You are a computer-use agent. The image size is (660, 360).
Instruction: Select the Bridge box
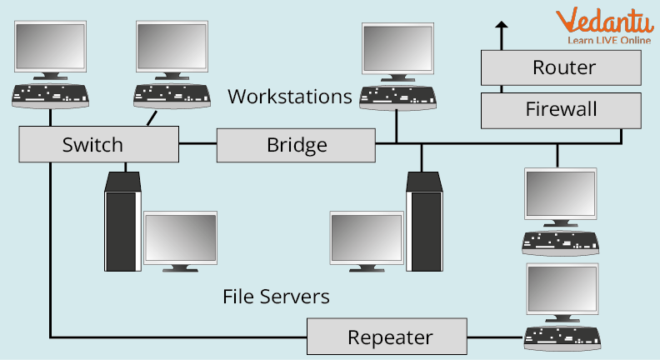click(296, 146)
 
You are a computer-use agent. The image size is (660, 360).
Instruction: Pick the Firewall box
click(561, 109)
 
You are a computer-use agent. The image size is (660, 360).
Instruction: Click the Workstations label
click(290, 96)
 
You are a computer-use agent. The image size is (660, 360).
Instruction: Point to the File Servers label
click(276, 296)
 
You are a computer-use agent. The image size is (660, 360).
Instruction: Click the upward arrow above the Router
click(502, 33)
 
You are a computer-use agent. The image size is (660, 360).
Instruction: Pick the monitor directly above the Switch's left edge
click(51, 48)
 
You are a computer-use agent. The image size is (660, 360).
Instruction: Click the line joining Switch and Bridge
click(197, 145)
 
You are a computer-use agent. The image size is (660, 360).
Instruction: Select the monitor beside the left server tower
click(180, 239)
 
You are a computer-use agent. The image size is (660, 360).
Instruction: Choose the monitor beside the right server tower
click(367, 239)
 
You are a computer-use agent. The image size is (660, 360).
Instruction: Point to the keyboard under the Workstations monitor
click(396, 97)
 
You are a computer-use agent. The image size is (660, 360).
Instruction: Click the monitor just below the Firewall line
click(561, 196)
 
